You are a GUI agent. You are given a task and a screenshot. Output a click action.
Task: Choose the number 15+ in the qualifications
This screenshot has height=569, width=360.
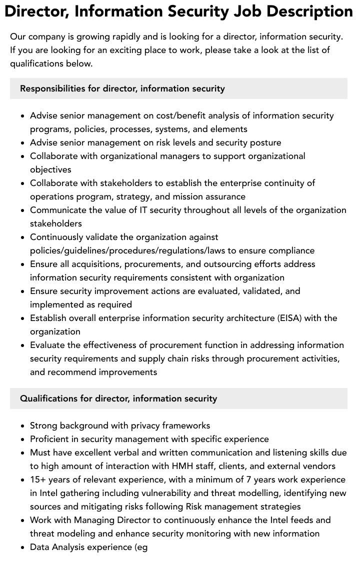pyautogui.click(x=38, y=479)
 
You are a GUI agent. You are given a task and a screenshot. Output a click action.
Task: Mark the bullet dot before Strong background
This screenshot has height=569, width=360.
pyautogui.click(x=23, y=426)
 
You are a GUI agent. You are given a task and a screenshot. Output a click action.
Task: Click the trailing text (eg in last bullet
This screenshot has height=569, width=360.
pyautogui.click(x=140, y=547)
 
